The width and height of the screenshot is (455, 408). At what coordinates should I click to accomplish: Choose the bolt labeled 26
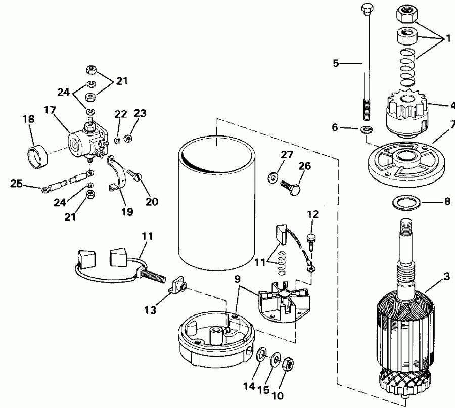291,185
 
